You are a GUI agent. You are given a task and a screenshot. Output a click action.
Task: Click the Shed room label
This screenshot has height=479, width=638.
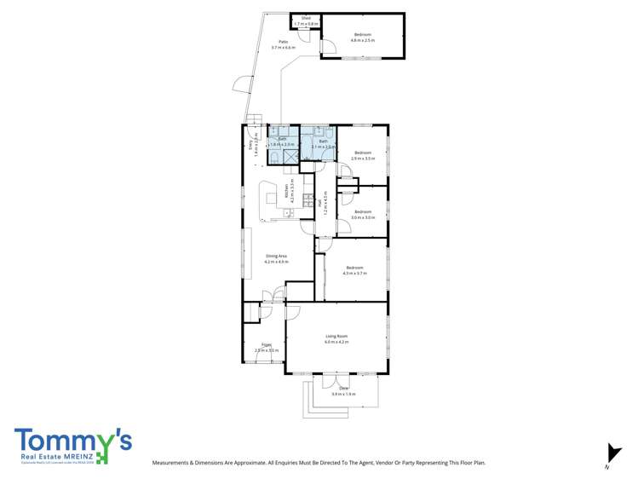pos(305,17)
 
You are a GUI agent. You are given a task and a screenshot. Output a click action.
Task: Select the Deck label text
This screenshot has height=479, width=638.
pos(344,390)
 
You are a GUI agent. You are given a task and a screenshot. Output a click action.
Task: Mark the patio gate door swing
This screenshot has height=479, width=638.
pos(240,85)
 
